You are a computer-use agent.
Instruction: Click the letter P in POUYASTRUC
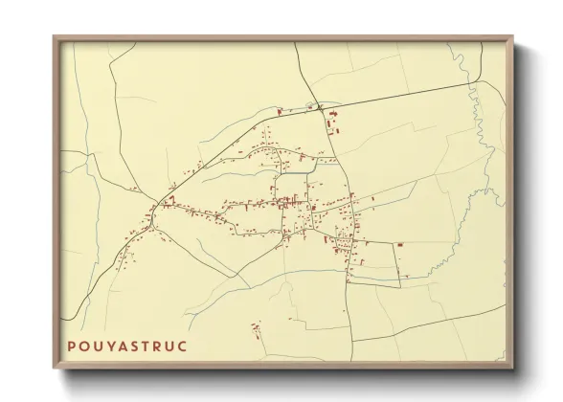coord(72,346)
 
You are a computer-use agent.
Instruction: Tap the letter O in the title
coord(86,346)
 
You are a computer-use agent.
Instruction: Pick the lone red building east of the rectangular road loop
coord(400,246)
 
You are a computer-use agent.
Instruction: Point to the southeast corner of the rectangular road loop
coord(399,284)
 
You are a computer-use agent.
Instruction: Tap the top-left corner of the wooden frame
coord(53,37)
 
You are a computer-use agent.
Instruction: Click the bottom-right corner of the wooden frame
coord(513,369)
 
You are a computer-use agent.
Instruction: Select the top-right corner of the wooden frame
coord(513,37)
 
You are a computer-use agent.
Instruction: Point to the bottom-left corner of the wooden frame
coord(53,369)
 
